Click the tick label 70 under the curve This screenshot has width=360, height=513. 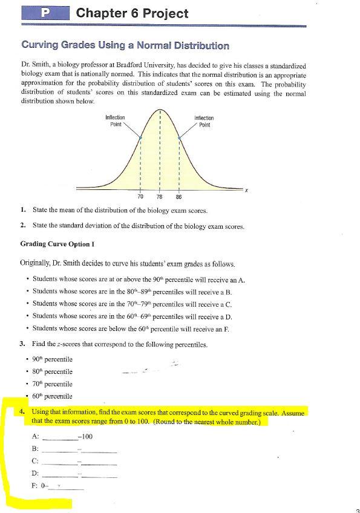(x=140, y=197)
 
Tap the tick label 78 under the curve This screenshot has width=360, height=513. (x=159, y=197)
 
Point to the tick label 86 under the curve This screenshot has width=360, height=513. (x=178, y=197)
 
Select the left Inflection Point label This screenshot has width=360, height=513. (x=115, y=121)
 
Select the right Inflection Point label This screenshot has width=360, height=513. (x=204, y=121)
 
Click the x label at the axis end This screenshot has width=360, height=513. (x=247, y=190)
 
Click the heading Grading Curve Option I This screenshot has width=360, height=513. (x=58, y=244)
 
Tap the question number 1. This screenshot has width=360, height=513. (x=22, y=211)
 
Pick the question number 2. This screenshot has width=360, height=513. (x=22, y=226)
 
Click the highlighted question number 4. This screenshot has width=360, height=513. (x=22, y=412)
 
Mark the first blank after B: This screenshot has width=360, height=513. (x=59, y=450)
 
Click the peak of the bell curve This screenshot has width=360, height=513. (x=160, y=110)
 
